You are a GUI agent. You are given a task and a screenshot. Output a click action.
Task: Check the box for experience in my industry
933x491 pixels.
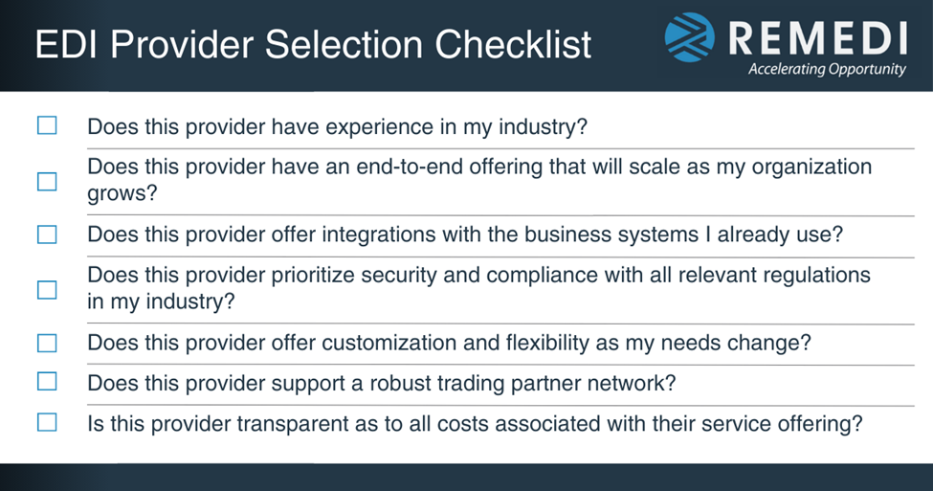(47, 125)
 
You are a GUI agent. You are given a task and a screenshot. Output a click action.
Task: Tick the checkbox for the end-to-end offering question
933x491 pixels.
(47, 181)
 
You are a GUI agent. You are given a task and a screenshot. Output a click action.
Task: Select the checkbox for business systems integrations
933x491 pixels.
(47, 234)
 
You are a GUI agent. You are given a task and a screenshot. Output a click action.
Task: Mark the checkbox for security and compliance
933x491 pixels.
(47, 289)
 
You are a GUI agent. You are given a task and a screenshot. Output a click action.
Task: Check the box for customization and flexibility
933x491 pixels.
(47, 343)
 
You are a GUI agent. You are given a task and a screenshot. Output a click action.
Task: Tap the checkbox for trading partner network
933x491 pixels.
(47, 382)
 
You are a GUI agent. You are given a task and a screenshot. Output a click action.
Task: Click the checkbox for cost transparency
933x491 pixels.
(47, 422)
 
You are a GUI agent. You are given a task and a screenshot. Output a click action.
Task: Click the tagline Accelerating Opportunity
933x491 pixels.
(827, 70)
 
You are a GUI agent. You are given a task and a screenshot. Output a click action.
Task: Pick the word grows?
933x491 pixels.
(122, 193)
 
